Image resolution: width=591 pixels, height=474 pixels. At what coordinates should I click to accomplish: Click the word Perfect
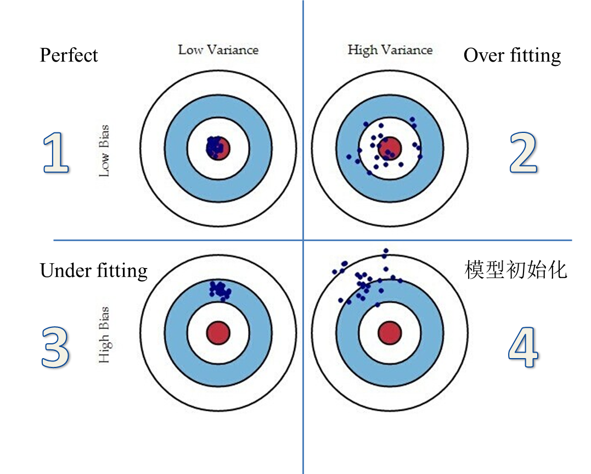click(69, 55)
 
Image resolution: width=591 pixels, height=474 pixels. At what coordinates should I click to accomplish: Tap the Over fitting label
click(512, 55)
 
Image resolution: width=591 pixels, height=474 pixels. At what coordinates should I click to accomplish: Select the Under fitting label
click(93, 271)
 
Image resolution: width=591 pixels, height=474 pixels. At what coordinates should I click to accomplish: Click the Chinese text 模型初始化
click(515, 270)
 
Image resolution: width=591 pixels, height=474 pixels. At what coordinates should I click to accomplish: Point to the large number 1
click(57, 154)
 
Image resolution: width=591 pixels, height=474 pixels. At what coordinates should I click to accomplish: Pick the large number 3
click(56, 348)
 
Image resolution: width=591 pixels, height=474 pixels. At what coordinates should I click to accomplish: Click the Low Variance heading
click(218, 50)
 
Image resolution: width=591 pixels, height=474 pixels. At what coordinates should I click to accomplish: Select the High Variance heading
click(390, 50)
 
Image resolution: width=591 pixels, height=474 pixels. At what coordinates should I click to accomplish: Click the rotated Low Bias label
click(104, 150)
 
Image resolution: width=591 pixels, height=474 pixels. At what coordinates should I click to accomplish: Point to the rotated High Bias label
click(104, 335)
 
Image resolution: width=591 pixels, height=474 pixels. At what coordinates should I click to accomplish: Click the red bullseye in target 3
click(218, 333)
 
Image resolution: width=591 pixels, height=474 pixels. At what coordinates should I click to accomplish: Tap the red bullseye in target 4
click(390, 333)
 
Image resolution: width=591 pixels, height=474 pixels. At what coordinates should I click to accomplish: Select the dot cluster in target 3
click(220, 289)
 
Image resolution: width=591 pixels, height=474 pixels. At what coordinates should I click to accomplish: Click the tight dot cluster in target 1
click(215, 147)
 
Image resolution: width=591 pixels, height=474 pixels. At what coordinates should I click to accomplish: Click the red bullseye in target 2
click(390, 148)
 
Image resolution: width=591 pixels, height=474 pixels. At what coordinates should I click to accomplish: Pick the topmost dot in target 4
click(386, 251)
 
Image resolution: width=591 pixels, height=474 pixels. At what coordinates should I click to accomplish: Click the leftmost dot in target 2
click(349, 157)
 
